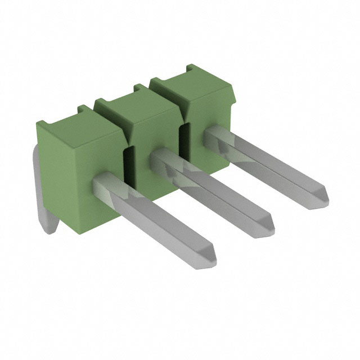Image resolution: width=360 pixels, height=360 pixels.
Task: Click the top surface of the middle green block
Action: [x=138, y=101]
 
